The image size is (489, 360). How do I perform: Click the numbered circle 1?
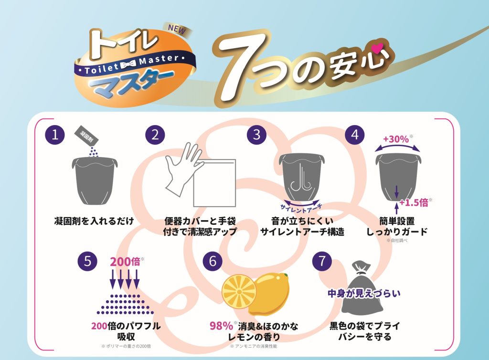(x=55, y=135)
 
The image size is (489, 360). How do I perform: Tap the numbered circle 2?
(x=155, y=135)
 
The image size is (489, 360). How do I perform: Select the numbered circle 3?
(x=256, y=135)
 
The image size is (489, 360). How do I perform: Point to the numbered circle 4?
(x=355, y=135)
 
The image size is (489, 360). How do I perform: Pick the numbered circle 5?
(x=88, y=261)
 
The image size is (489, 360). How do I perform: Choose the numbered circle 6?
(x=213, y=261)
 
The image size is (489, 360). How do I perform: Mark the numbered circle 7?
(x=322, y=261)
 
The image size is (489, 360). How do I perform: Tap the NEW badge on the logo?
(x=177, y=30)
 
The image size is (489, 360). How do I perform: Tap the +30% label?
(x=396, y=139)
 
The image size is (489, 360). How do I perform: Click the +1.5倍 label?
(x=414, y=202)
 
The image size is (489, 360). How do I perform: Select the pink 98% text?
(x=221, y=326)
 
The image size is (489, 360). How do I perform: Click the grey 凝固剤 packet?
(x=87, y=136)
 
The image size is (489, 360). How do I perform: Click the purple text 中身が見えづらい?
(x=364, y=293)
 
